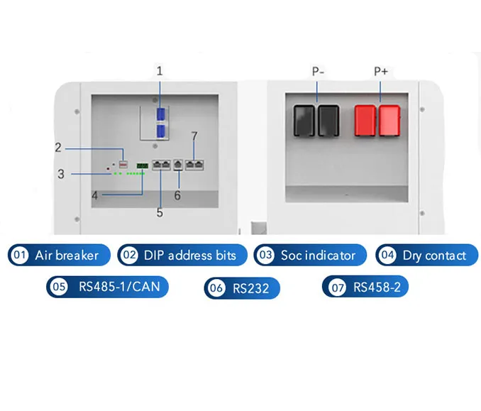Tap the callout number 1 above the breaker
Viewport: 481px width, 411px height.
(x=160, y=71)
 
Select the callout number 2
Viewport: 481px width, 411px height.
(x=59, y=148)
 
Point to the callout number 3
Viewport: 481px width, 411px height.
(x=61, y=173)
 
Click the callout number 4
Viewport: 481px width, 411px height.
(x=95, y=194)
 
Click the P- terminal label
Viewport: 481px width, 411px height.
(x=317, y=71)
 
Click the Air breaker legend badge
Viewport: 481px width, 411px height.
(x=60, y=255)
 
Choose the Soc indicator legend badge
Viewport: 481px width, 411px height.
(x=310, y=255)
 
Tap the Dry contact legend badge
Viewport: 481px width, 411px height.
(x=427, y=255)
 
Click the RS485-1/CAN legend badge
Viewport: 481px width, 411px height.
(x=108, y=287)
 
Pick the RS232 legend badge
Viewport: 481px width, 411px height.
(x=242, y=287)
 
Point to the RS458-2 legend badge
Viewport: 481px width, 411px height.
(x=365, y=287)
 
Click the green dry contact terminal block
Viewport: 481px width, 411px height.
(x=143, y=165)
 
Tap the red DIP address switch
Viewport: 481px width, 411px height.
(x=123, y=164)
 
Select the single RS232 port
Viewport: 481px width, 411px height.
(x=178, y=165)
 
